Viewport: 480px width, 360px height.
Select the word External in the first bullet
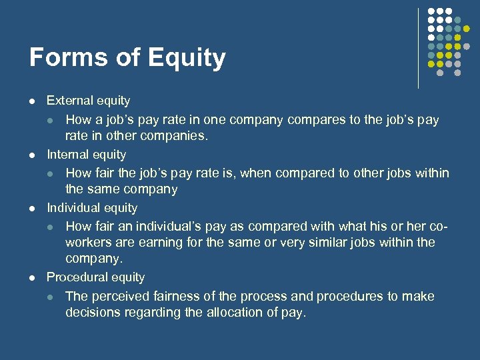pyautogui.click(x=69, y=101)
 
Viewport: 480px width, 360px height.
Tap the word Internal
pyautogui.click(x=67, y=155)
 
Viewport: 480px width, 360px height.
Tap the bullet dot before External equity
pyautogui.click(x=31, y=102)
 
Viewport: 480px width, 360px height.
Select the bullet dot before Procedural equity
pyautogui.click(x=31, y=278)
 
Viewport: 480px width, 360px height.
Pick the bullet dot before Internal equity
pyautogui.click(x=31, y=155)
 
